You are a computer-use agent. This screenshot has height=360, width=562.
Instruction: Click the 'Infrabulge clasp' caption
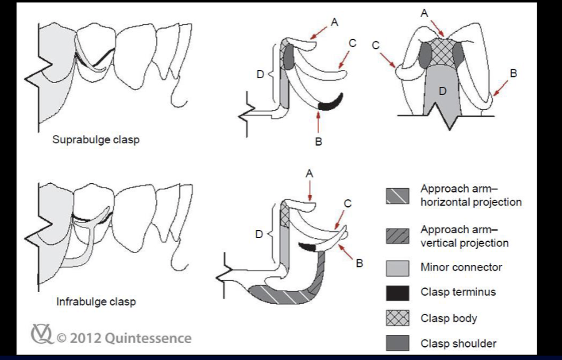point(96,302)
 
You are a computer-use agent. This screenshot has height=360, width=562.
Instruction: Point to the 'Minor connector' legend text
point(461,267)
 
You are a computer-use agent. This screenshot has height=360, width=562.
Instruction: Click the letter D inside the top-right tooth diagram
point(442,91)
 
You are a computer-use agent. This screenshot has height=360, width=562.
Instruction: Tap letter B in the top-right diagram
point(513,73)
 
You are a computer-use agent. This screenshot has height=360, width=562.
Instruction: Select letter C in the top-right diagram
point(376,45)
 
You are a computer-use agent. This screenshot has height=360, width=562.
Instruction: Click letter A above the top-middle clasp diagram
point(334,22)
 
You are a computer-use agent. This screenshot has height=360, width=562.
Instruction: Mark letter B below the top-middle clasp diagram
point(318,142)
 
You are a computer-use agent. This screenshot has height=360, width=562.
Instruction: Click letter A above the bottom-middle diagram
point(309,173)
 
